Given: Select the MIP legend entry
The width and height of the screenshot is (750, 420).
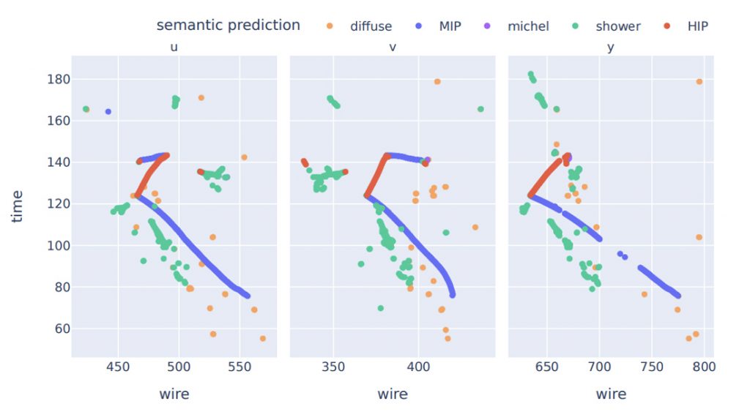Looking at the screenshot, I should [450, 26].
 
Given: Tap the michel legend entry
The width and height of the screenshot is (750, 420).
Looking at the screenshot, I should [527, 26].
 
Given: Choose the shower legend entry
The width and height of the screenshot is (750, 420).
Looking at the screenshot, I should [617, 26].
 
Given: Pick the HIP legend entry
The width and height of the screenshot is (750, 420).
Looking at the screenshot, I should [697, 26].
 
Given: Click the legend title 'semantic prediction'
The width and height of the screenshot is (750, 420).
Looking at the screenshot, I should [228, 25].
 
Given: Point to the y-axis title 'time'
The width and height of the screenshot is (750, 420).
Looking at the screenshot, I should [18, 206].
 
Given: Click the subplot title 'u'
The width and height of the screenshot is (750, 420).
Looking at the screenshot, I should [174, 48].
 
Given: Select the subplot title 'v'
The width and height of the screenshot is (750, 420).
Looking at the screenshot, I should [393, 48].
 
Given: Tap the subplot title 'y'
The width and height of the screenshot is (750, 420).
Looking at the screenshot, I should [611, 48].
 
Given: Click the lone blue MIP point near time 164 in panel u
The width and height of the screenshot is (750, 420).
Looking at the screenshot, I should [108, 111].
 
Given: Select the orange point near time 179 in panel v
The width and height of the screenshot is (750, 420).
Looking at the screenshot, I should [437, 81].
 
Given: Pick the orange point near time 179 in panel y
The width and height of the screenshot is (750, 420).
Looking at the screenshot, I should [699, 81].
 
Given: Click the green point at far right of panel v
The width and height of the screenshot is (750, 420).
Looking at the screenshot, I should [480, 109].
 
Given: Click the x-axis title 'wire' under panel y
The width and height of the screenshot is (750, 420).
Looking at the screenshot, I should [611, 394].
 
